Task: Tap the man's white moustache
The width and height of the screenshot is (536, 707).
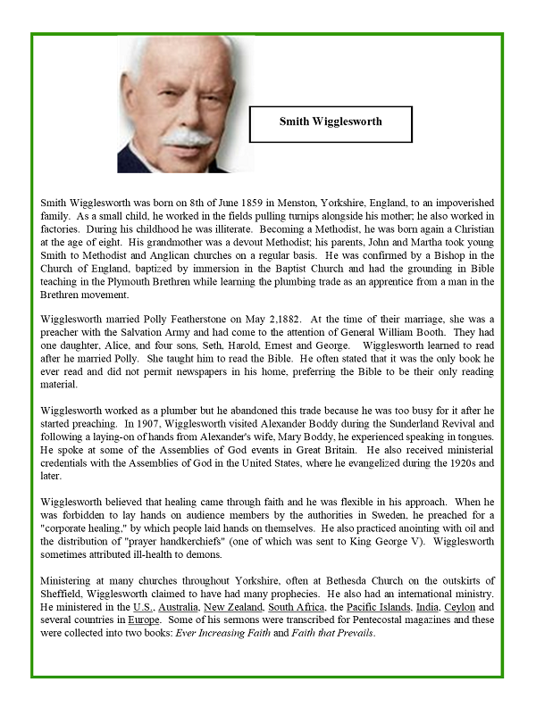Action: click(x=187, y=138)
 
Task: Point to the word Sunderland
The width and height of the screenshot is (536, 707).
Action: click(x=404, y=426)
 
